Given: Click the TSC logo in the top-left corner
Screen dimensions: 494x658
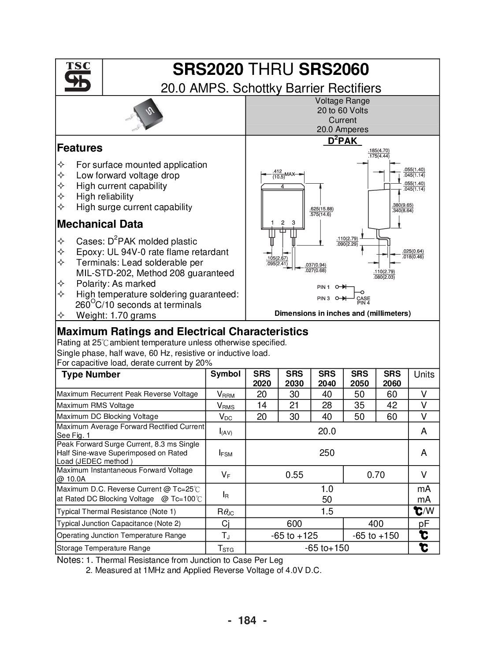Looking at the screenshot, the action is (78, 77).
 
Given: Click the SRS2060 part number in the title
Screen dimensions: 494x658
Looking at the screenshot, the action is (334, 70).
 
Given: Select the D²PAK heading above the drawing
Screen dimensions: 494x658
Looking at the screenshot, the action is (342, 141).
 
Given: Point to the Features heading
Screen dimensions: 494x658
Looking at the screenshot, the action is (80, 148).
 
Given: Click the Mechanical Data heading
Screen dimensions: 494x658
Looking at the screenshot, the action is (100, 224).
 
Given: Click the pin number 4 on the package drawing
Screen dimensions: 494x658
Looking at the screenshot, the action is (282, 186).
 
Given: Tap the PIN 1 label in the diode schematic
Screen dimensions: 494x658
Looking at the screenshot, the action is (323, 287).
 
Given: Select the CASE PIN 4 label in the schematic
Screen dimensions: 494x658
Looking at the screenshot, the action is (363, 301).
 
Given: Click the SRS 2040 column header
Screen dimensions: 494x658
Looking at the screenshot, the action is (327, 378).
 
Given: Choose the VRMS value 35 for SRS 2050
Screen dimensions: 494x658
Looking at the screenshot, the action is (359, 405).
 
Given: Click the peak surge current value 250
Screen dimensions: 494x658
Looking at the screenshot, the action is (327, 453).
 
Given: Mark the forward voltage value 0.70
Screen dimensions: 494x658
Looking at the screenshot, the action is (376, 474).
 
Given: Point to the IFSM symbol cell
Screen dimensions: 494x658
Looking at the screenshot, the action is (226, 453).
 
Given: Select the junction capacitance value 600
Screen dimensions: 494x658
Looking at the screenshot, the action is (294, 523).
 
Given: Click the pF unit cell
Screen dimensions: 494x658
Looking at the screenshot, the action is (424, 523).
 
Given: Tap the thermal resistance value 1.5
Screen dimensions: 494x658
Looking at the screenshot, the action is (327, 511).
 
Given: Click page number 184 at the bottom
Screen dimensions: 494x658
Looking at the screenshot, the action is (247, 620).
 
